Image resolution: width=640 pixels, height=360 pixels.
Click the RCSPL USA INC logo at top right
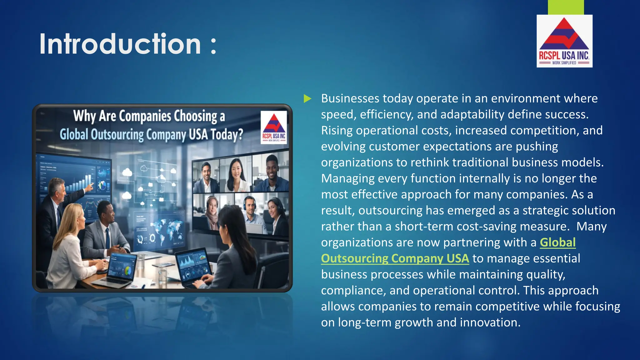pyautogui.click(x=564, y=41)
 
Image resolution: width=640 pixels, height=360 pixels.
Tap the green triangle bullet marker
pyautogui.click(x=307, y=99)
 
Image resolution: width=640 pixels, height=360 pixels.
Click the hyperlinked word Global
pyautogui.click(x=557, y=242)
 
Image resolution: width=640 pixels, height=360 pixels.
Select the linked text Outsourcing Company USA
pyautogui.click(x=395, y=258)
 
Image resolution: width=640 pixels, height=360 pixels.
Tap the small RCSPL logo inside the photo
pyautogui.click(x=274, y=127)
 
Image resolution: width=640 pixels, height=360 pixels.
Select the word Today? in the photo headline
pyautogui.click(x=227, y=135)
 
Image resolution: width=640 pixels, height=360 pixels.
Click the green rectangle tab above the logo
pyautogui.click(x=566, y=7)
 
